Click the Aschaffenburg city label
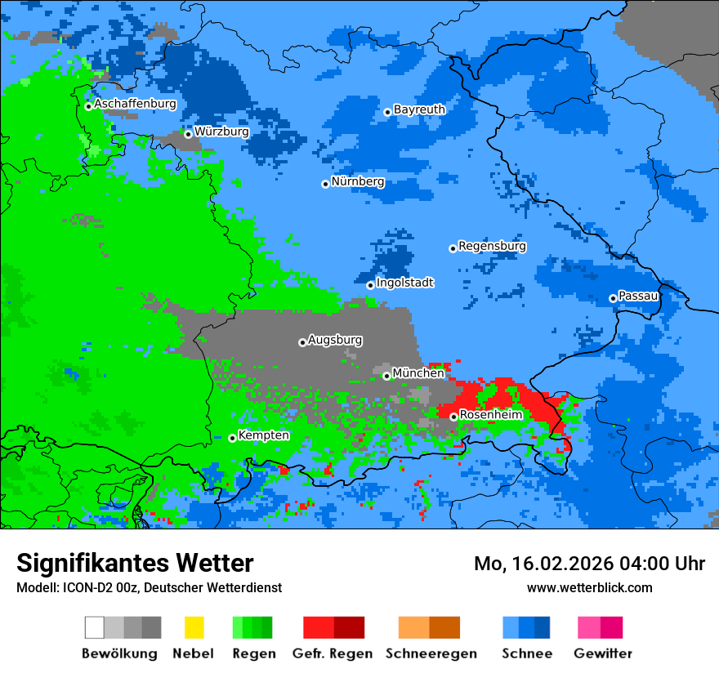(135, 104)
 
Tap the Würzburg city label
(221, 132)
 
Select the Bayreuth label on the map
(419, 109)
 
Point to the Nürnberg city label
(358, 181)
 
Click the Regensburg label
(492, 246)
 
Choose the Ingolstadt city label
(404, 283)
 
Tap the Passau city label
(638, 296)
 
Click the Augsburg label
(335, 340)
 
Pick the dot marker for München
(386, 376)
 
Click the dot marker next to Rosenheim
(453, 417)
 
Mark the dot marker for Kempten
(232, 438)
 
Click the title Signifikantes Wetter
(135, 563)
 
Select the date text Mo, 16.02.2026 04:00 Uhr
(589, 564)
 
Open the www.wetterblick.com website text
(589, 587)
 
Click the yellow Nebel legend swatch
(194, 627)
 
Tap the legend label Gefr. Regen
(333, 653)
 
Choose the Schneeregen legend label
(431, 653)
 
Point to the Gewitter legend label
(602, 653)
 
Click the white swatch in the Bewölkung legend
(95, 627)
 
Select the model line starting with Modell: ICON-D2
(149, 587)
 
